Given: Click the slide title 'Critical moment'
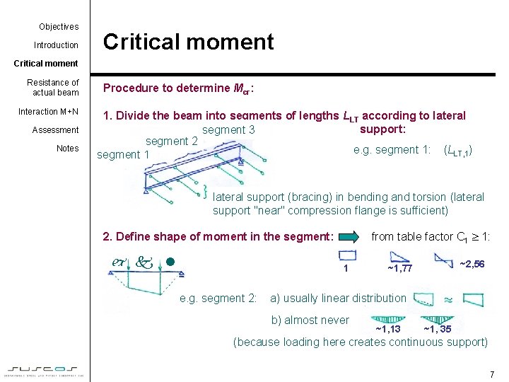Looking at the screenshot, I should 188,42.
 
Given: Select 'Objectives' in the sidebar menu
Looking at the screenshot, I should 59,27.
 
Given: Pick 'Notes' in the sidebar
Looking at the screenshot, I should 68,149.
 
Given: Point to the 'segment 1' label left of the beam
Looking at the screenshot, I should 122,155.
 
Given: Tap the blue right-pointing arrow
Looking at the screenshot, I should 348,237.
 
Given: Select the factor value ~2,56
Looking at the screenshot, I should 472,264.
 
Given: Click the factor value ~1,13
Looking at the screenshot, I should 387,329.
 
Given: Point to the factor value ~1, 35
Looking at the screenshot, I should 438,329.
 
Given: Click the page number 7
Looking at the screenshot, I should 492,374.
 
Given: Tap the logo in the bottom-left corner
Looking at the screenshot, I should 45,370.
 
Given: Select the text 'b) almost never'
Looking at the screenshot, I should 310,320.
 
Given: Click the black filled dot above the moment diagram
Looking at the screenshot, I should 169,262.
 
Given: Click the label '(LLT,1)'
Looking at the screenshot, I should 457,150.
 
